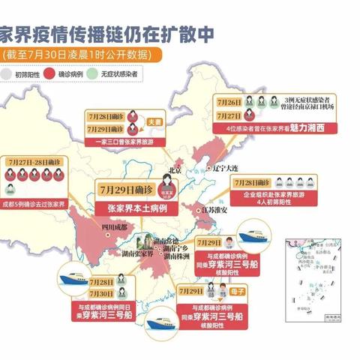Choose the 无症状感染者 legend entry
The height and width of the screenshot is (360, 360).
tap(130, 74)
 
